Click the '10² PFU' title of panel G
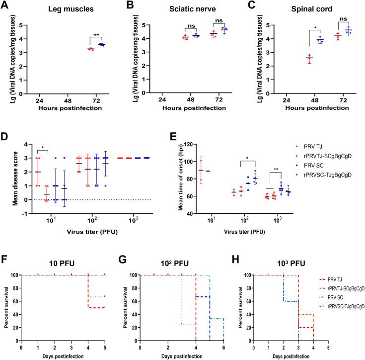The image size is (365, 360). pyautogui.click(x=183, y=259)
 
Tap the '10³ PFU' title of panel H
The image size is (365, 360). pyautogui.click(x=301, y=259)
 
